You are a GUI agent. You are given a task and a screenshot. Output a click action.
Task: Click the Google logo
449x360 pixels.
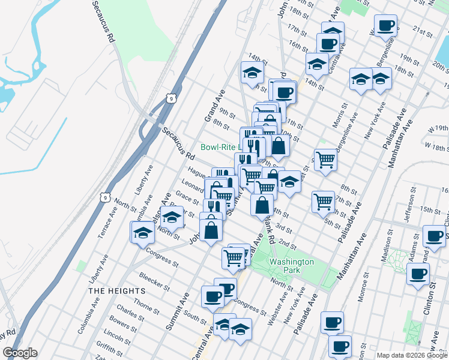[x=20, y=353]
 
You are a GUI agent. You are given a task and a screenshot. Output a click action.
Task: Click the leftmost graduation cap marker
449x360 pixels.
[x=143, y=231]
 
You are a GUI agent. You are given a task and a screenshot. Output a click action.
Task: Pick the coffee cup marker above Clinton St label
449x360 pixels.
[x=418, y=274]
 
